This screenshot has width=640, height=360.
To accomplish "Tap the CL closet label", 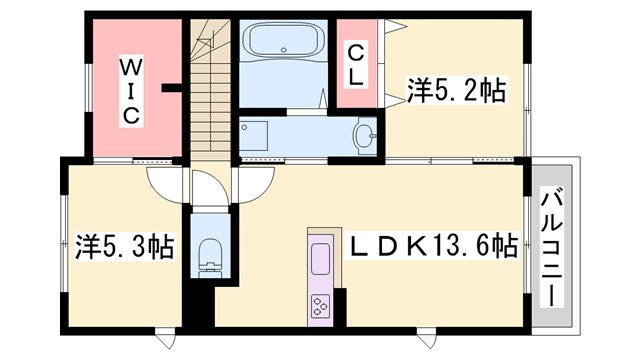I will click(355, 64).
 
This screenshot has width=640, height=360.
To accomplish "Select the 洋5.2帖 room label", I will click(456, 91).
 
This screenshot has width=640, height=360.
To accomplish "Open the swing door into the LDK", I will click(252, 185).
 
